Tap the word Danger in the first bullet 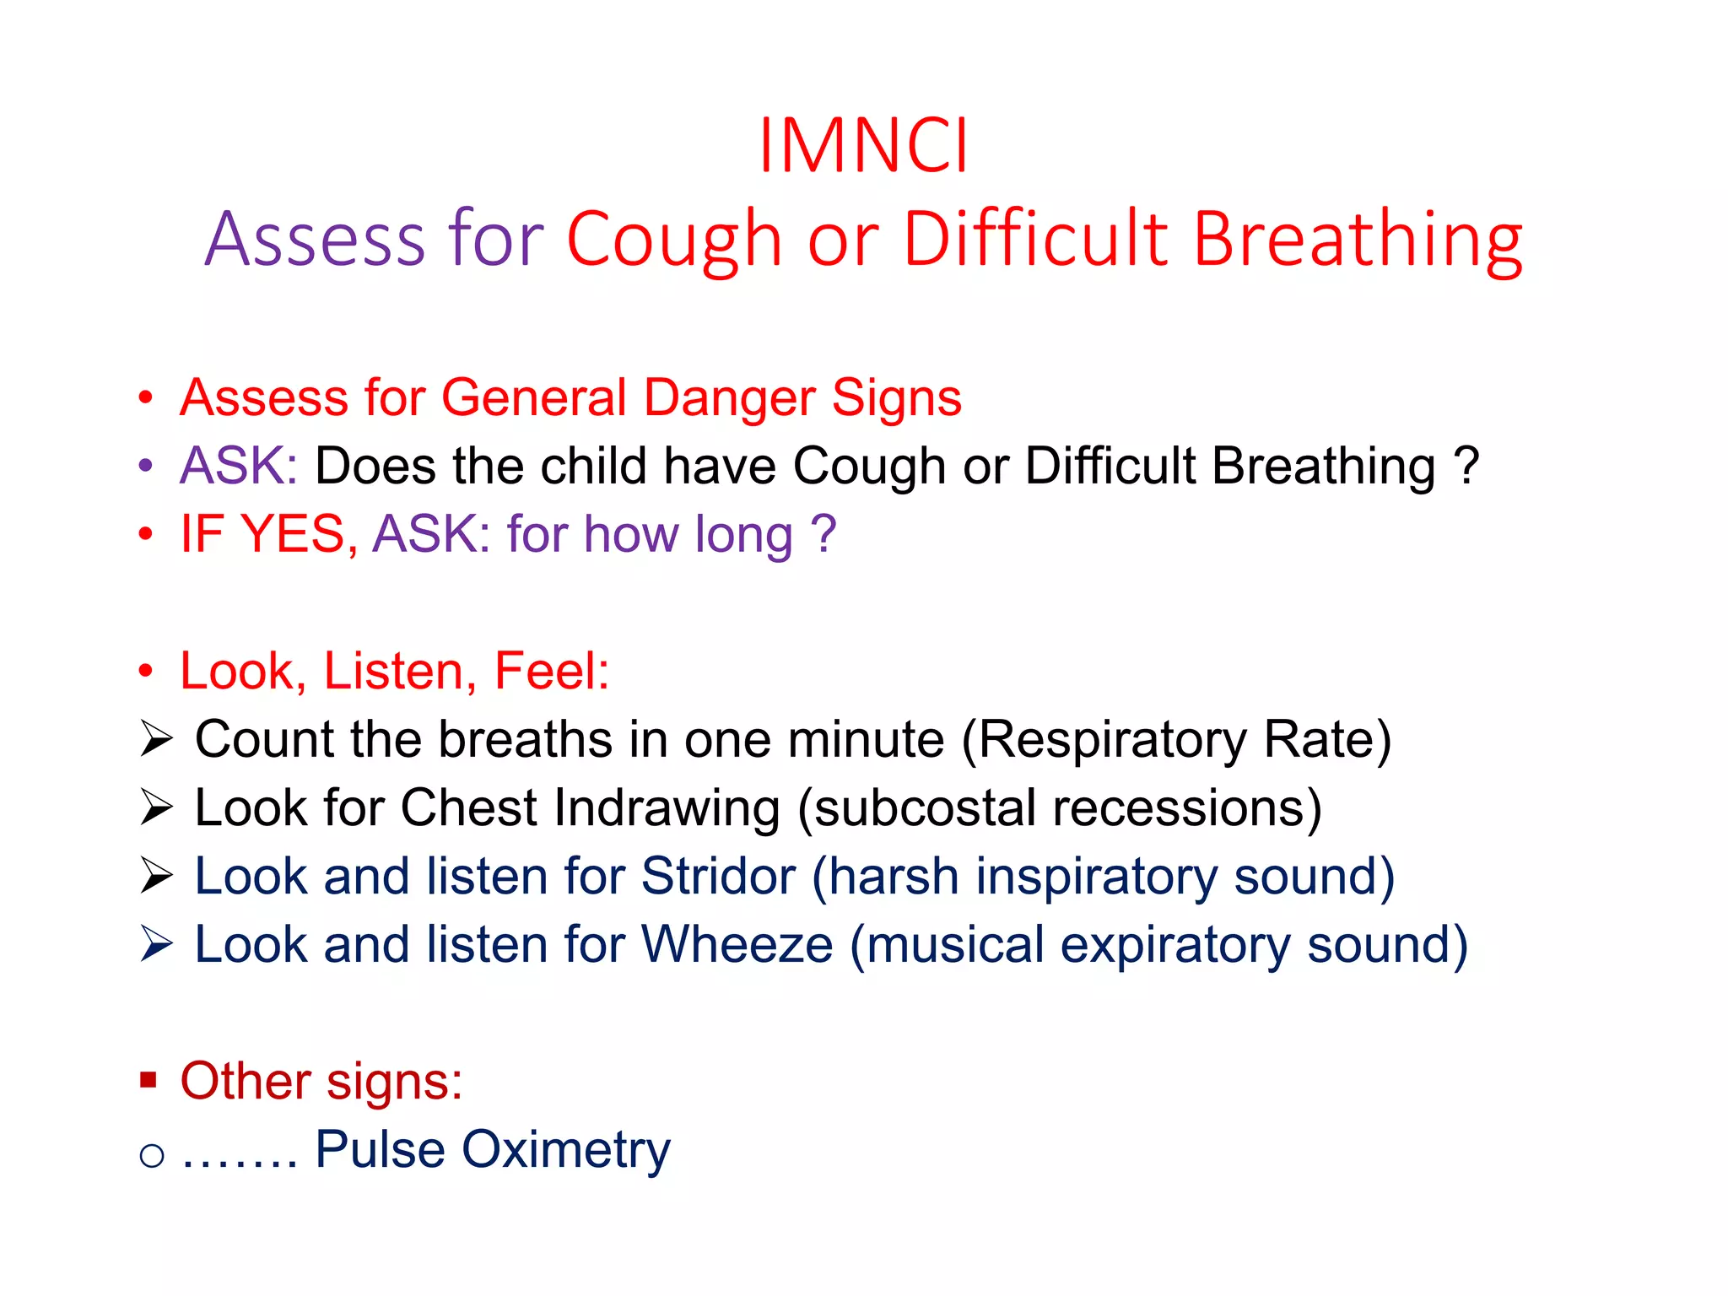729,397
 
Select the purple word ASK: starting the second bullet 239,466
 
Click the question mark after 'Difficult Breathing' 1466,466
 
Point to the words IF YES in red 263,534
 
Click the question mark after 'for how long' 823,534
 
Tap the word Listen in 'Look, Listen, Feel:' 393,672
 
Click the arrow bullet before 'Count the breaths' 156,739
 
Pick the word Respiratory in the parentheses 1112,740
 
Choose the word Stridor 718,877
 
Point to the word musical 955,945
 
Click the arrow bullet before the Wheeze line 156,944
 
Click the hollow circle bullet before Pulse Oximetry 152,1155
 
